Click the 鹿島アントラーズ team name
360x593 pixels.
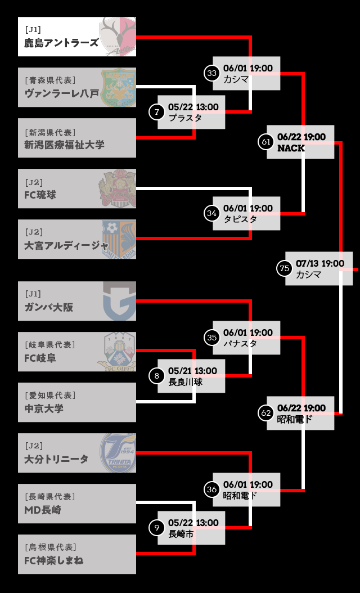61,43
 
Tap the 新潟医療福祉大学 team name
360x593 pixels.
64,145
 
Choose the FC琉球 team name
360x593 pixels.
40,195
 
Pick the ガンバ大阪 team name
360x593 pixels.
49,307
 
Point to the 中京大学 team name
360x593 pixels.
44,408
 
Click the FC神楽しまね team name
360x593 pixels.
54,560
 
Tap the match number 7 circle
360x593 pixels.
157,112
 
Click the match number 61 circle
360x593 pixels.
266,142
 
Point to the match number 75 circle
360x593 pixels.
285,268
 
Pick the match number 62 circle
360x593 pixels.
266,413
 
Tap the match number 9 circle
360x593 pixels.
157,528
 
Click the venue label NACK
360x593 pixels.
291,149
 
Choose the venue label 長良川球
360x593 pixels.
185,382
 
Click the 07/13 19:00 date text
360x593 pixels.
320,263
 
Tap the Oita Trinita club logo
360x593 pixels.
118,453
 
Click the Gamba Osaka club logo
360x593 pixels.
119,301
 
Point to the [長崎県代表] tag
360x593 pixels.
49,496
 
